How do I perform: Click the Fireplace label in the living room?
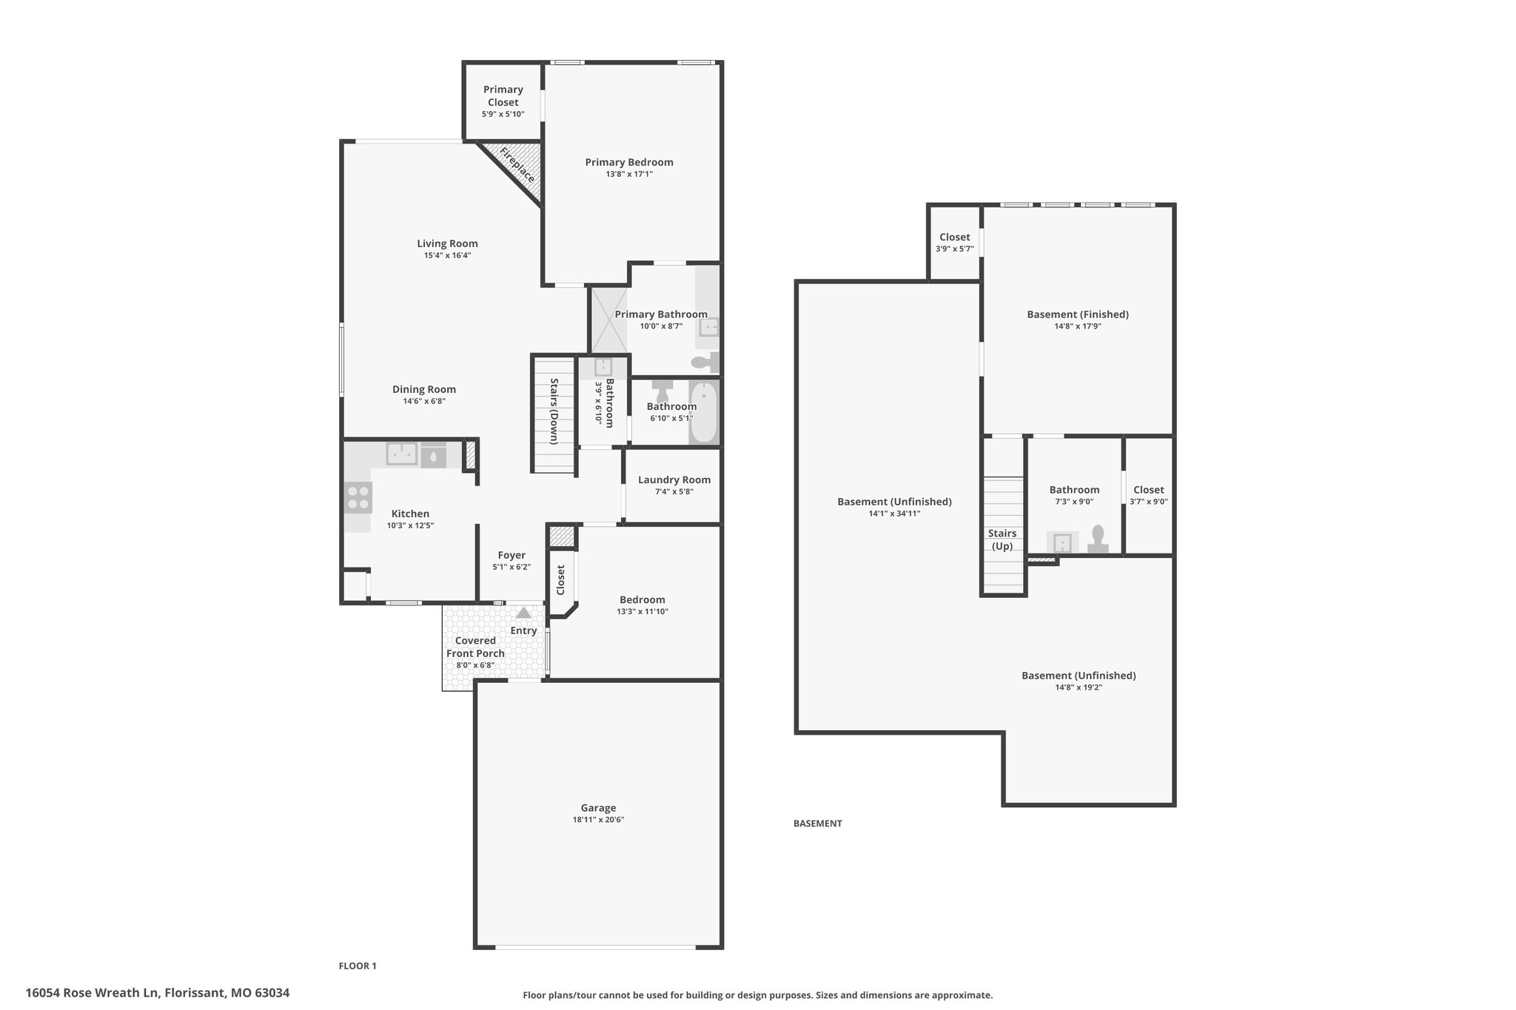(x=517, y=165)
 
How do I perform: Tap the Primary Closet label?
(x=503, y=96)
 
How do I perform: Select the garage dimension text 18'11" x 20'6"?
(x=598, y=820)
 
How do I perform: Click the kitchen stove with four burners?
(x=358, y=497)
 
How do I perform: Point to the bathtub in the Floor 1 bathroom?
(x=703, y=412)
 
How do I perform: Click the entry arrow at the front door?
(x=523, y=613)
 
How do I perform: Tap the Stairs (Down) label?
(x=554, y=411)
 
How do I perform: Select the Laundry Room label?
(x=674, y=479)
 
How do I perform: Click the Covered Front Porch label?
(x=475, y=647)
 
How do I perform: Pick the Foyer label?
(x=512, y=555)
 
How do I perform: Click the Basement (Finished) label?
(x=1078, y=314)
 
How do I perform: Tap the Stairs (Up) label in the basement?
(x=1002, y=539)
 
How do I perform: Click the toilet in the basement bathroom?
(x=1098, y=539)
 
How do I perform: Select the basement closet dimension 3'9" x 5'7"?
(x=955, y=249)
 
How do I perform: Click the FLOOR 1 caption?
(x=358, y=966)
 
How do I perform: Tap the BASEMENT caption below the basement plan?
(x=818, y=824)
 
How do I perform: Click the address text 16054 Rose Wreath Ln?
(x=93, y=993)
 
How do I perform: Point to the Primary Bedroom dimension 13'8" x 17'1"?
(x=629, y=174)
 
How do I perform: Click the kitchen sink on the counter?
(x=401, y=454)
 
